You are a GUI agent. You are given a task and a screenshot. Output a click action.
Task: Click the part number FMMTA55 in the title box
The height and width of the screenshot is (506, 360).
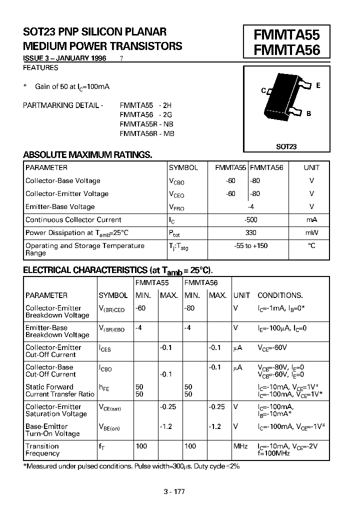tap(286, 34)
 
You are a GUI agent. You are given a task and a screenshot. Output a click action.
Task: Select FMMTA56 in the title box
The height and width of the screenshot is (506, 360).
tap(286, 50)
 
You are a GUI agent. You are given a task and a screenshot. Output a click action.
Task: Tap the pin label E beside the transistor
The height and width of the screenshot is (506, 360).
tap(318, 85)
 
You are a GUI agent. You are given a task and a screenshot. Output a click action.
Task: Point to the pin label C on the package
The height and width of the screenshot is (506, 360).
tap(263, 91)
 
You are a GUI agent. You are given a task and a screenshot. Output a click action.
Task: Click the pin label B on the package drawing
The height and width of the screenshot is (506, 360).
tap(309, 113)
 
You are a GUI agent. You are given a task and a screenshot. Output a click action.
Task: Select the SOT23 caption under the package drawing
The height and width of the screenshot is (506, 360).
tap(286, 146)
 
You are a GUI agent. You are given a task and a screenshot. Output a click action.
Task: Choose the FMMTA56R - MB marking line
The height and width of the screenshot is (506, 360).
tap(147, 133)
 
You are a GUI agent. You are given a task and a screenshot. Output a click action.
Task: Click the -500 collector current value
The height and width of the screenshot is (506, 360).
tap(251, 219)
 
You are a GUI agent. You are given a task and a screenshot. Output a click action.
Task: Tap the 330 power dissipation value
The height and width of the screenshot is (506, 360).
tap(251, 232)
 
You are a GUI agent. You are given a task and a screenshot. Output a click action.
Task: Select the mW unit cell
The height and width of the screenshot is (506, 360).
tap(311, 232)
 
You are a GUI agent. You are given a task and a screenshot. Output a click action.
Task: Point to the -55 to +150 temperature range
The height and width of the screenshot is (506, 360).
tap(251, 245)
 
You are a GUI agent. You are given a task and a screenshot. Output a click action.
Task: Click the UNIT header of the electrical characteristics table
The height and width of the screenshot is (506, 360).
tap(241, 295)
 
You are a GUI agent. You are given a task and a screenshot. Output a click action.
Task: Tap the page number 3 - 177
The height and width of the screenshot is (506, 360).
tap(174, 491)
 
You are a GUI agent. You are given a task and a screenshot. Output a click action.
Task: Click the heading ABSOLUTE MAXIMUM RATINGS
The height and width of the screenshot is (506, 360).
tap(87, 154)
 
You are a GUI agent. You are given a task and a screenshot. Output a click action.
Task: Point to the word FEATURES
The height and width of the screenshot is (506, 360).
tap(41, 67)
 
